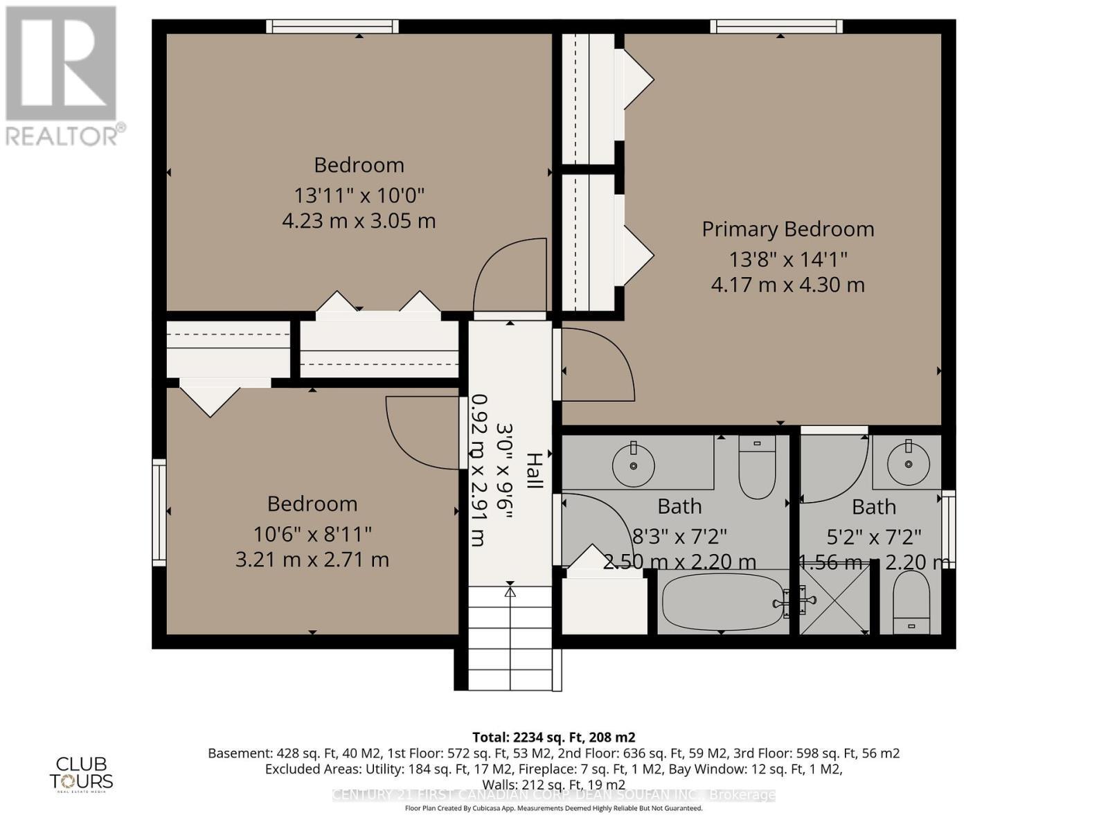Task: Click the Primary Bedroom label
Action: point(787,229)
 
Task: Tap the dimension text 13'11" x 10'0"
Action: point(359,195)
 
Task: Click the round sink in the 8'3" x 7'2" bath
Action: point(633,465)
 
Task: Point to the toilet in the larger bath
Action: point(757,465)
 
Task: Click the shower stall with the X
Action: point(834,600)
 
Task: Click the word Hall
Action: point(534,471)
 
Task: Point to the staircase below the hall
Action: point(510,637)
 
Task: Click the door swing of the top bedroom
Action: point(509,277)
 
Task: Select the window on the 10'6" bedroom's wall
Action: point(159,512)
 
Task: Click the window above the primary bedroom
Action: point(776,26)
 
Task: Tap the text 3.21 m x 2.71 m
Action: point(312,560)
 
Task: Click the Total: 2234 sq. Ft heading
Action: point(553,738)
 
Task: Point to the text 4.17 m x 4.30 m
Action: point(787,285)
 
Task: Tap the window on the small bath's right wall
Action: point(949,529)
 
